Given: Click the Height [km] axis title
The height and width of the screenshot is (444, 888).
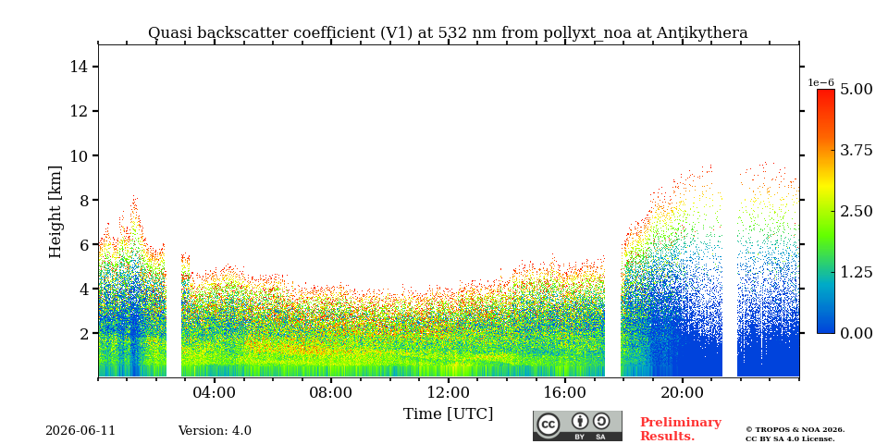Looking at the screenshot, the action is pos(55,212).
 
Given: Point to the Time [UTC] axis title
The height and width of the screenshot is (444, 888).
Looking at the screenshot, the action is pos(448,414).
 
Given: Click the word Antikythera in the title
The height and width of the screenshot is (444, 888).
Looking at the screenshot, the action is pos(702,33).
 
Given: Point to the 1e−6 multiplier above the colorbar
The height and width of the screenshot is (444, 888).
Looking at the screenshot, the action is pos(820,82).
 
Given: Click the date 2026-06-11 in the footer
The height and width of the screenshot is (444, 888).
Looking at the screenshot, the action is pos(80,431).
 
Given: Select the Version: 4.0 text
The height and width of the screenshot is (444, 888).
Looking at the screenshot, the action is pos(215,431).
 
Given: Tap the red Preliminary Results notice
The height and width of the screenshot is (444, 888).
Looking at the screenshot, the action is pos(681,429).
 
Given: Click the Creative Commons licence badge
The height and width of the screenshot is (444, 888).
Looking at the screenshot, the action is pos(577,425).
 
